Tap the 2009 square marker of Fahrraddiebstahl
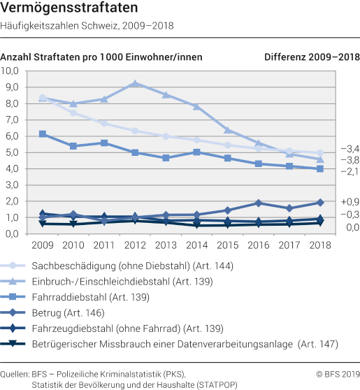[x=43, y=133]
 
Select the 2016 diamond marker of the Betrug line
[x=258, y=203]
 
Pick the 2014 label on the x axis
[x=196, y=245]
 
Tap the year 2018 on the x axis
[x=319, y=245]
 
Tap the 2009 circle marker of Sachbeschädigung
[x=43, y=99]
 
